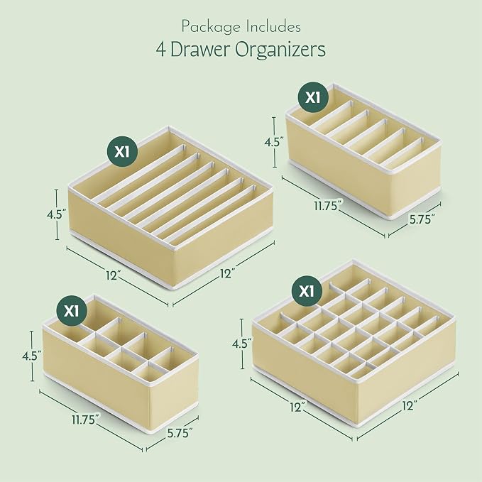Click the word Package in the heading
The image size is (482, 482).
211,27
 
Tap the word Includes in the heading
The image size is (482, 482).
273,26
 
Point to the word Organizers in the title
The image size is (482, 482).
280,50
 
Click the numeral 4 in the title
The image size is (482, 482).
160,50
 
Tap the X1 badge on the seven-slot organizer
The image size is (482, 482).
122,151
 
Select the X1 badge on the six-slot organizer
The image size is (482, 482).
313,97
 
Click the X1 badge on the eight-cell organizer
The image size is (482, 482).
71,311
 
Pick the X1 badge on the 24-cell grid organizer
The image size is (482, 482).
307,290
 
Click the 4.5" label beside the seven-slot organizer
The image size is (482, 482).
57,214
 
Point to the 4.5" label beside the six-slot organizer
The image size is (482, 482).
274,142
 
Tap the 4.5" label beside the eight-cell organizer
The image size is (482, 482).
32,356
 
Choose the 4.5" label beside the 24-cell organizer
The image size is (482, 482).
242,344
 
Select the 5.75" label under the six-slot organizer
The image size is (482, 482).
422,219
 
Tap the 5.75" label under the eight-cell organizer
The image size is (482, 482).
180,433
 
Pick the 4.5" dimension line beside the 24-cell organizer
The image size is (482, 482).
242,344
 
